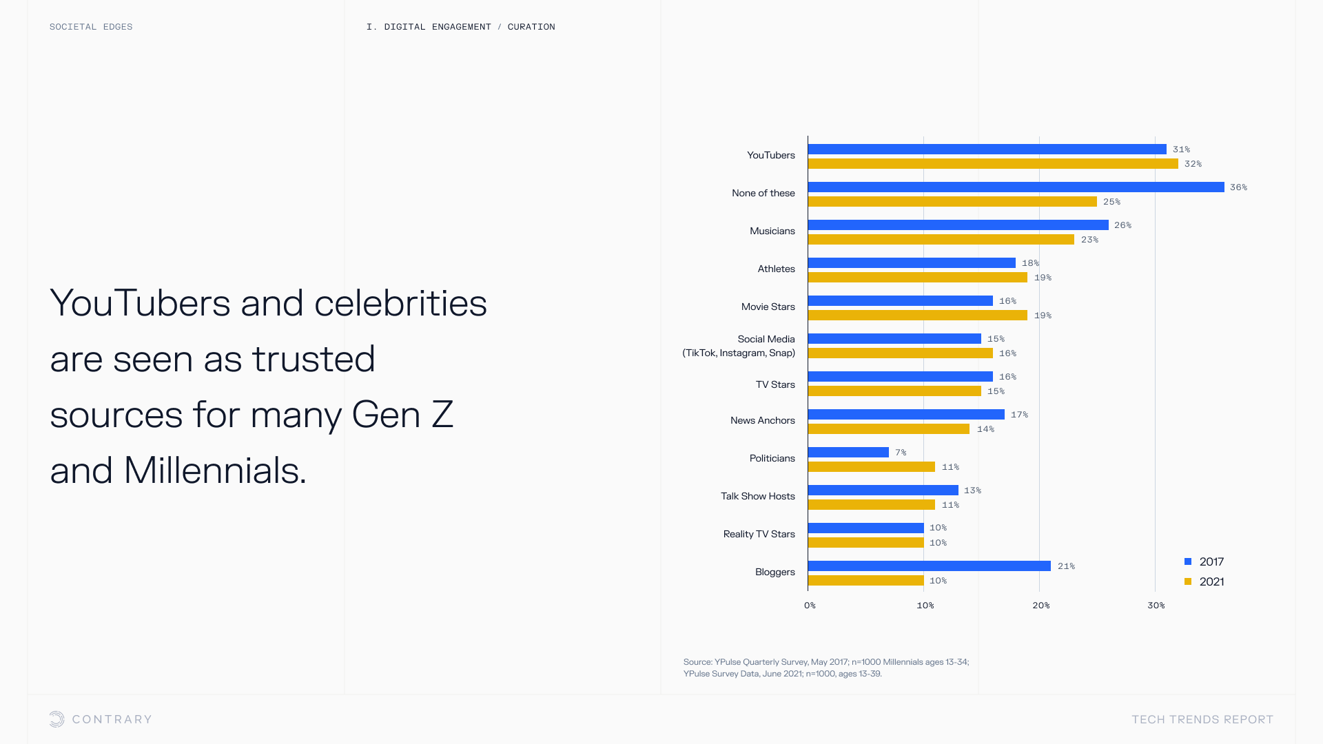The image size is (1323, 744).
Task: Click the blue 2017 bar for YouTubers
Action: (987, 149)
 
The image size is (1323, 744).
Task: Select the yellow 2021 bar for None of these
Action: (952, 202)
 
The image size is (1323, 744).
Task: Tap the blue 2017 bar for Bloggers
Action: (929, 566)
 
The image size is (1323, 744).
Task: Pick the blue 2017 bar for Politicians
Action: (848, 453)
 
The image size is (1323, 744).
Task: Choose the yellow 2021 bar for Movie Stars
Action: (917, 316)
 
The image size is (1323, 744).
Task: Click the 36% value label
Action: (1238, 187)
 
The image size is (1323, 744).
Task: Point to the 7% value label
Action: (901, 453)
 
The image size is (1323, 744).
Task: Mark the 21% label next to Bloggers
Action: (1066, 566)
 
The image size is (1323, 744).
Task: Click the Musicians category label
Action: (772, 231)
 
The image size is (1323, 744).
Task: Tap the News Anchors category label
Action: (762, 420)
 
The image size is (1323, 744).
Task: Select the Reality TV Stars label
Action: (759, 534)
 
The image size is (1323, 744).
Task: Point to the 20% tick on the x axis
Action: (1040, 606)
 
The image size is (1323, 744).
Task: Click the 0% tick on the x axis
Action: (810, 606)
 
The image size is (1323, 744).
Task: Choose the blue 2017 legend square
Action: (1188, 561)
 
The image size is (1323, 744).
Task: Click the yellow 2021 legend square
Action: (1188, 581)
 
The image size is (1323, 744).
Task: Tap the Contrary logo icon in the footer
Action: (57, 719)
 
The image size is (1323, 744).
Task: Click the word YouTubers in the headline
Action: (140, 303)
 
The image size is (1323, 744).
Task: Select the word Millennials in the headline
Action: (214, 471)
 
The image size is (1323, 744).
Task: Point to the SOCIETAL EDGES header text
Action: (91, 27)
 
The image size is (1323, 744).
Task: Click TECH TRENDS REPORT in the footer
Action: (1202, 719)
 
